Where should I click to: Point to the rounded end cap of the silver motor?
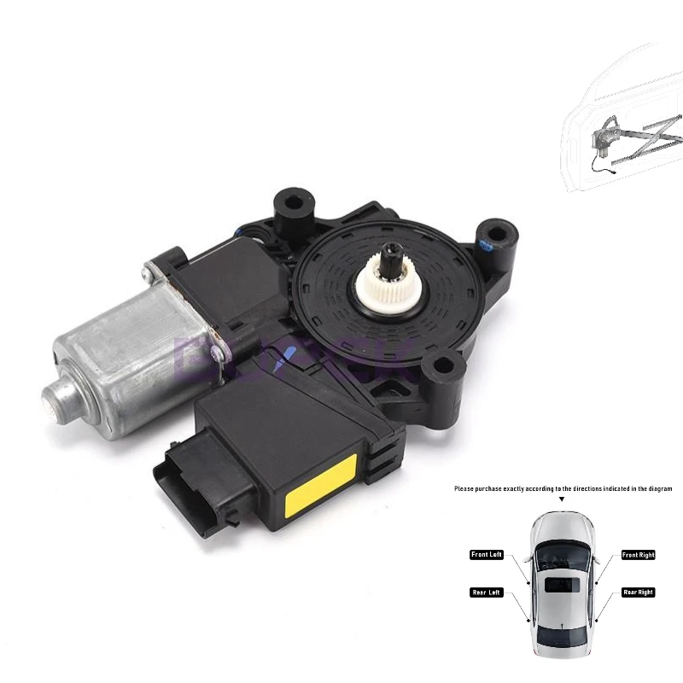click(x=61, y=397)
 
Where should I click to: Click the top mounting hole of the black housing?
click(x=292, y=205)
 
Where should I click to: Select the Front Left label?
click(x=487, y=555)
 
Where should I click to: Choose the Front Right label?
click(x=639, y=555)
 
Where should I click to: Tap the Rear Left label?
click(x=487, y=593)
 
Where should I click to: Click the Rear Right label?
click(x=639, y=593)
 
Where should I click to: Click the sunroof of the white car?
click(x=563, y=586)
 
